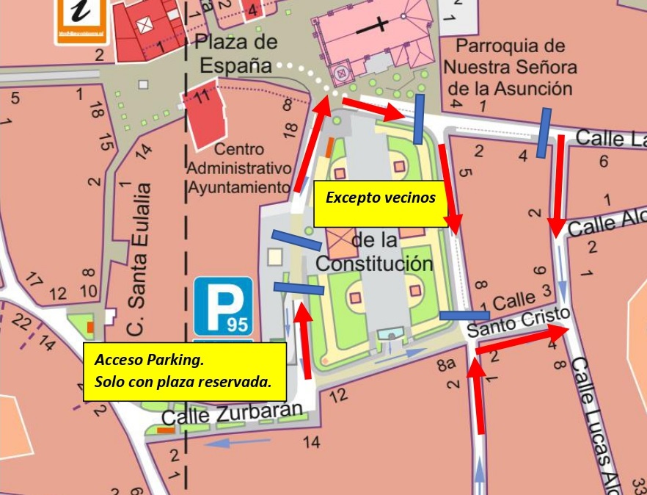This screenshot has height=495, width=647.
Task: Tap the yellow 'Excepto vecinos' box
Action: [380, 198]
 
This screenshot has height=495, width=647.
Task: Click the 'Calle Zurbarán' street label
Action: [232, 414]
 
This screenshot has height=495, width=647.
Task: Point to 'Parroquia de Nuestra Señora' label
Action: [511, 67]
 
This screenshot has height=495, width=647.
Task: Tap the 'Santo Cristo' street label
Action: [518, 322]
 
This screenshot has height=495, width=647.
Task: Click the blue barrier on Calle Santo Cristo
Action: [464, 316]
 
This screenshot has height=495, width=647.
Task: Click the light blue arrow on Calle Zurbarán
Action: [238, 442]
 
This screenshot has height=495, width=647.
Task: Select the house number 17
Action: [32, 278]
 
